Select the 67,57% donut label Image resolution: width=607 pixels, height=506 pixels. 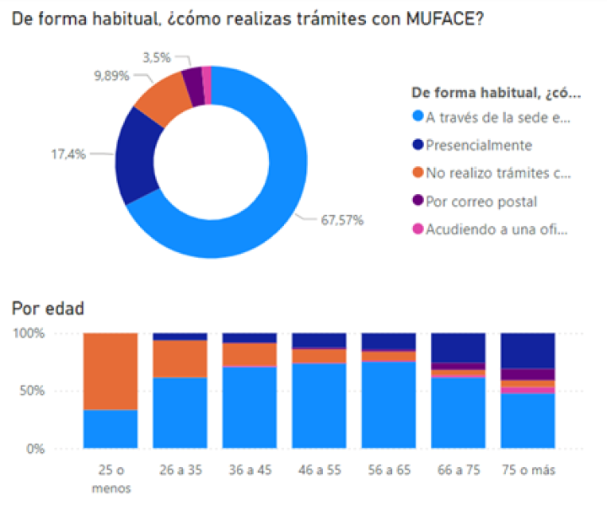point(341,221)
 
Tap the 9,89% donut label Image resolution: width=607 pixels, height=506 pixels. point(112,75)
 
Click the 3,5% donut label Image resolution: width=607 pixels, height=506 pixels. point(157,57)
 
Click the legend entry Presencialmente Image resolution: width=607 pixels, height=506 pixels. point(479,145)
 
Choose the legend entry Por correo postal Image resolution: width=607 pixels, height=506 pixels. point(481,201)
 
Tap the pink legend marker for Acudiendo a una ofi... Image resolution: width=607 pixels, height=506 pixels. point(417,229)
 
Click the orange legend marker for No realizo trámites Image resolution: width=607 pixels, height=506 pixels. point(417,173)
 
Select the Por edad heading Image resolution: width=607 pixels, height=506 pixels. point(48,309)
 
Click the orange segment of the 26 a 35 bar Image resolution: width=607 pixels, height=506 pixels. point(180,358)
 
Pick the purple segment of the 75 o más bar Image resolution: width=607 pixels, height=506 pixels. point(528,374)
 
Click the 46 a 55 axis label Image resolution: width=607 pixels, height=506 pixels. point(319,469)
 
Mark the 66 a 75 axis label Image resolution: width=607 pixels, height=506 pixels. point(458,469)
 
